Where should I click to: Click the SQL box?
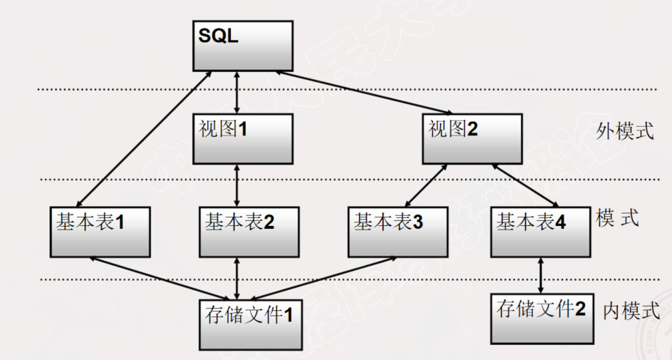pyautogui.click(x=242, y=45)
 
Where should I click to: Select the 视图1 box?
pyautogui.click(x=242, y=139)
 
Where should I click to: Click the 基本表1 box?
pyautogui.click(x=100, y=231)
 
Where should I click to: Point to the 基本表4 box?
pyautogui.click(x=539, y=231)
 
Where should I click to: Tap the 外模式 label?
pyautogui.click(x=625, y=131)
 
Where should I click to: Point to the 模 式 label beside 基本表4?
pyautogui.click(x=617, y=218)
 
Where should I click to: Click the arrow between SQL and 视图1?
pyautogui.click(x=237, y=91)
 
